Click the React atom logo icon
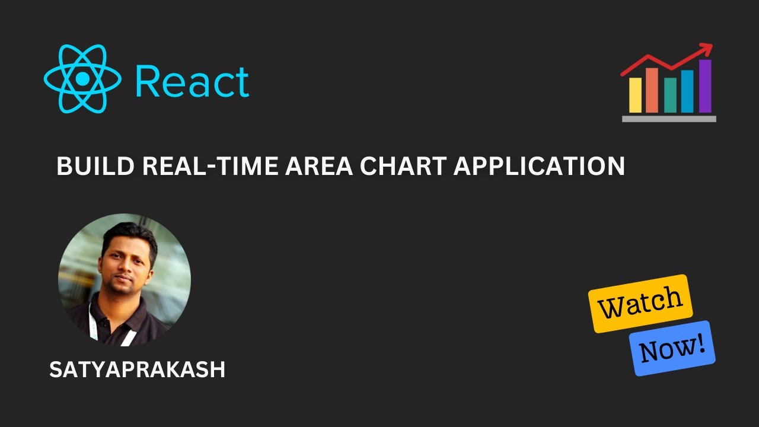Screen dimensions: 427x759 pos(82,79)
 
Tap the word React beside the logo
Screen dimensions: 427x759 pos(192,81)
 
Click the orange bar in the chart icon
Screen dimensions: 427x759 pos(652,90)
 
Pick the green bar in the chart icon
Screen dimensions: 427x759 pos(670,95)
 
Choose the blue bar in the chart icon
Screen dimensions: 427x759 pos(687,91)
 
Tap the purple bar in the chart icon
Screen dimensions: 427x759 pos(705,86)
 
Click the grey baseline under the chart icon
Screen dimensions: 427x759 pos(669,119)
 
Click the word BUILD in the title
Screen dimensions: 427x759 pos(95,167)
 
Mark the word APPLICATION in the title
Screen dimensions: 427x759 pos(539,167)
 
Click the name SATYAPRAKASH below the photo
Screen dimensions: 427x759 pos(137,370)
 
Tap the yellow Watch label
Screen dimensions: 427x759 pos(640,303)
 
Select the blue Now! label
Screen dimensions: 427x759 pos(672,348)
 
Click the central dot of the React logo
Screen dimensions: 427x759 pos(82,79)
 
